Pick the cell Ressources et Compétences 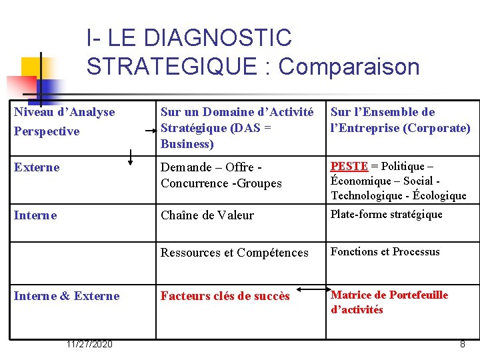tap(234, 253)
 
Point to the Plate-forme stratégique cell tap(386, 214)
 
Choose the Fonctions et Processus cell tap(385, 251)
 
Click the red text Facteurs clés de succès tap(225, 296)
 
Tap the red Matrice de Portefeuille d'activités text tap(389, 302)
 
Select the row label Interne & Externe tap(67, 296)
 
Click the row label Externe tap(37, 167)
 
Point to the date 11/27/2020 tap(89, 344)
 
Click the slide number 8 tap(462, 344)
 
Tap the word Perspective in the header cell tap(47, 131)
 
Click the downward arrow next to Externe tap(131, 157)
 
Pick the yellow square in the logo tap(31, 67)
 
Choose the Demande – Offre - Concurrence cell tap(221, 175)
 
